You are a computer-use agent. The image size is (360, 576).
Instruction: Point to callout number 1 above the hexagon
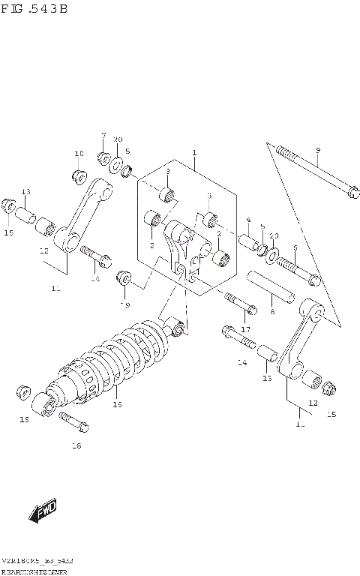pyautogui.click(x=194, y=153)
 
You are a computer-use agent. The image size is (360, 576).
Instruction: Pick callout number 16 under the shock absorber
pyautogui.click(x=116, y=404)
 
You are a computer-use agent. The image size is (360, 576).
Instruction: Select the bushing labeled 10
pyautogui.click(x=78, y=177)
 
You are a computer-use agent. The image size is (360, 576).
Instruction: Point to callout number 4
pyautogui.click(x=247, y=220)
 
